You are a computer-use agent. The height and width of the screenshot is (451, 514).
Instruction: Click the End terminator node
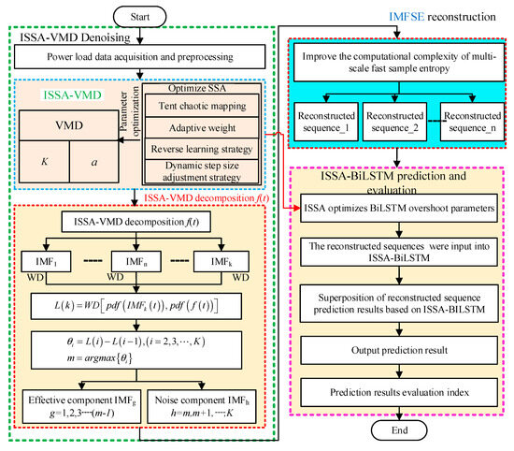click(x=398, y=431)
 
